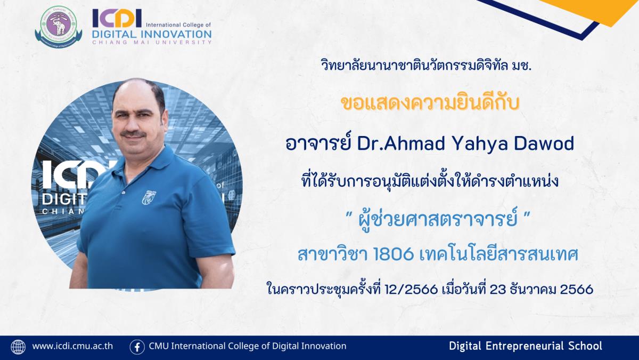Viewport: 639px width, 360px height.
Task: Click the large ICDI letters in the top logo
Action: (117, 18)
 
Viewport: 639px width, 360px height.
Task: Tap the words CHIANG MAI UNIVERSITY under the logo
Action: (152, 42)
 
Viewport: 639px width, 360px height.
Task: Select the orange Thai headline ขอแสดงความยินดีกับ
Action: (430, 103)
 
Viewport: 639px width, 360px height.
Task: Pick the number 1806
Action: (394, 254)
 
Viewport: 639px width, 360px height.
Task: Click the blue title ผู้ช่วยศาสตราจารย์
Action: (437, 221)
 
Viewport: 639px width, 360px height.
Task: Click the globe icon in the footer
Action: (18, 347)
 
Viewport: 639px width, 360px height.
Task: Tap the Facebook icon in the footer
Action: (137, 347)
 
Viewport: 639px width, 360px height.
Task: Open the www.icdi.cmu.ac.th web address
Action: (72, 346)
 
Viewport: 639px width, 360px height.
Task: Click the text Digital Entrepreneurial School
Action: (526, 346)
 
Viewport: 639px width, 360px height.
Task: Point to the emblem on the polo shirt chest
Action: (149, 197)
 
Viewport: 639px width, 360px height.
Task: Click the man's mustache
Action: (133, 134)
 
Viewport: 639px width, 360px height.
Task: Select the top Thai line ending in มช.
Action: (426, 66)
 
